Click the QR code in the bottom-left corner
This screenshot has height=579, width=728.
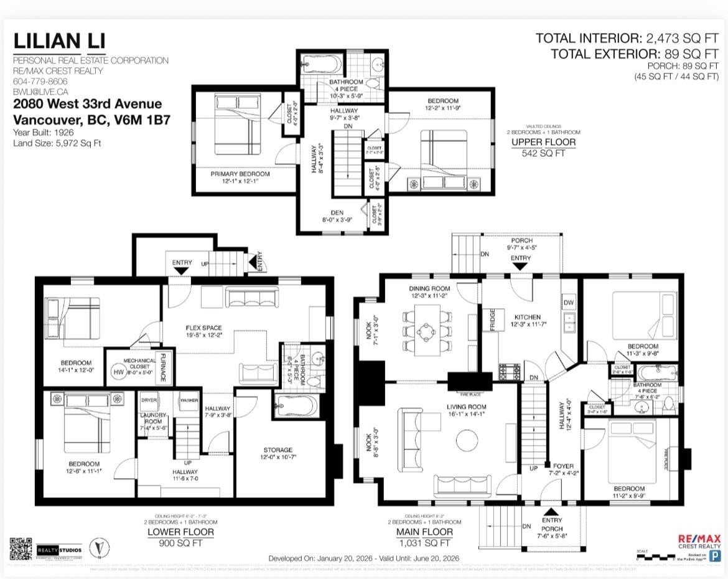(21, 548)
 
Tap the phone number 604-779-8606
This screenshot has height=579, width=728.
(40, 82)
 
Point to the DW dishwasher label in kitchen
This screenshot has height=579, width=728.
(567, 303)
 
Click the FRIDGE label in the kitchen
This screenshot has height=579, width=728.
(492, 319)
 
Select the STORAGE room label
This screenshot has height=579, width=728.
(277, 450)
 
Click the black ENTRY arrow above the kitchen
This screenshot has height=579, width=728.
(520, 266)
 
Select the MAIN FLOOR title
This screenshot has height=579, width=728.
(424, 532)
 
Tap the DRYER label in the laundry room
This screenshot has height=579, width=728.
(149, 400)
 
